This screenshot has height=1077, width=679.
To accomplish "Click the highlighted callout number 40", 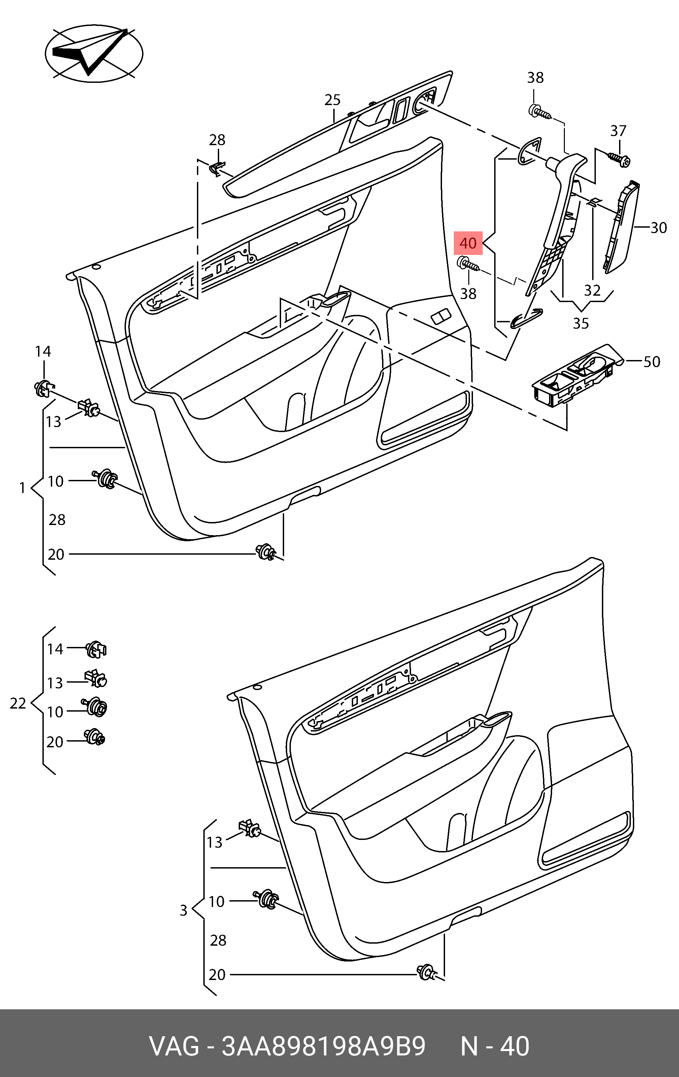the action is (x=468, y=243).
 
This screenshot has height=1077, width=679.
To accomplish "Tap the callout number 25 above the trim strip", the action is (x=333, y=100).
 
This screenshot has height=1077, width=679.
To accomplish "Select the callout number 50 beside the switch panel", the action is (x=652, y=361).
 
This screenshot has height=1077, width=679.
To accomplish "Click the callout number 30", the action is (x=658, y=228).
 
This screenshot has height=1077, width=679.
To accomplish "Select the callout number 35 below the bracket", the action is (x=581, y=323).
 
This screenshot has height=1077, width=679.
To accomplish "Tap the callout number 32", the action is (x=592, y=290).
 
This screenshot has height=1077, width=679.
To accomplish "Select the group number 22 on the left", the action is (x=18, y=704).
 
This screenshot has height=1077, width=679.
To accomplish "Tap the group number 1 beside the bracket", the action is (x=22, y=488).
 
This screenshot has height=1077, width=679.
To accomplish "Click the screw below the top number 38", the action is (x=540, y=111).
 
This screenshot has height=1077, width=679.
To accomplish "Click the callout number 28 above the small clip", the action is (x=217, y=140).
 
